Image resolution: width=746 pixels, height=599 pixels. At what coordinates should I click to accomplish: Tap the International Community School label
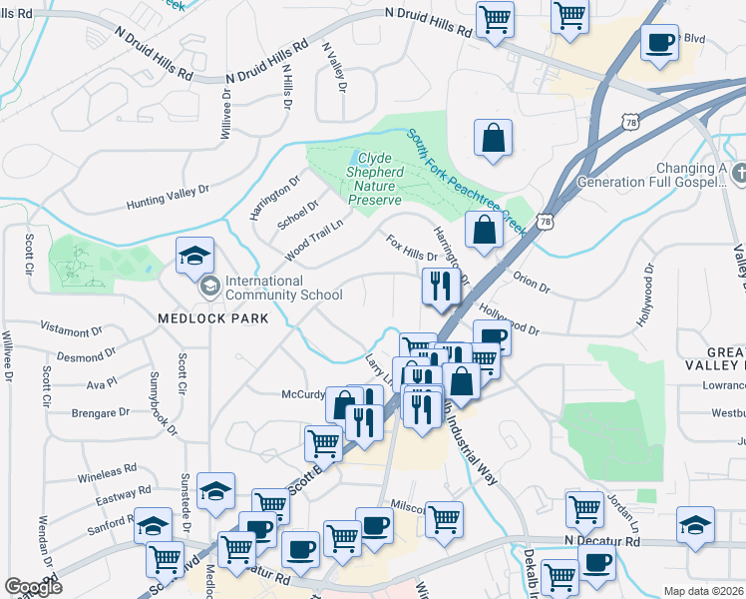284,288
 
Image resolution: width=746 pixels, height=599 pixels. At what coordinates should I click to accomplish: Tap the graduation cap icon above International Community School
194,257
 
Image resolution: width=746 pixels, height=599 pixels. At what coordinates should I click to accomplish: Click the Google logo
33,587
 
